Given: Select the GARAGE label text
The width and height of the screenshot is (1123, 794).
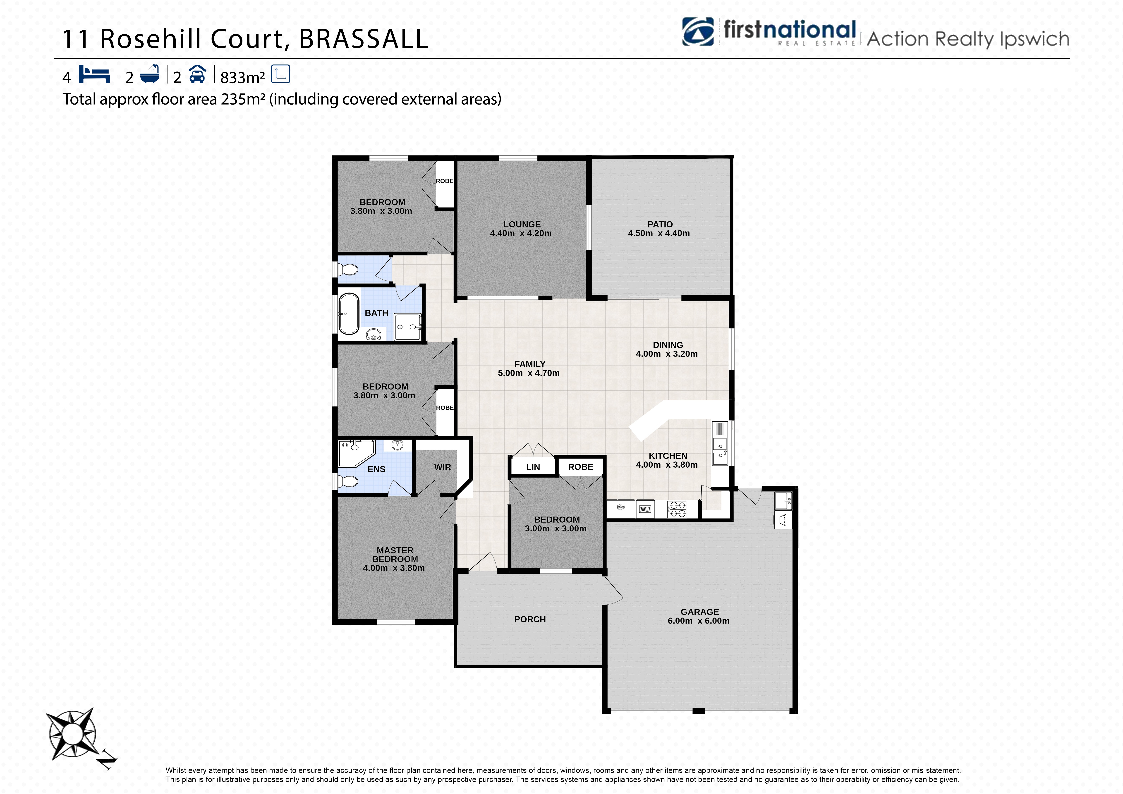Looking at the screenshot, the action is click(699, 612).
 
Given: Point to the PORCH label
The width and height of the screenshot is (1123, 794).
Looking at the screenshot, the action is click(530, 619).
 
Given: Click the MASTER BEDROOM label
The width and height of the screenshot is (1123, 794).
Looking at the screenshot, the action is click(395, 555).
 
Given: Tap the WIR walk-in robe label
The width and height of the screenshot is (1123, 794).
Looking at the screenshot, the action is click(442, 467).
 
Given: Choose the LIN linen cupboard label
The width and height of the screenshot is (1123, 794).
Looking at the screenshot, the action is click(533, 467).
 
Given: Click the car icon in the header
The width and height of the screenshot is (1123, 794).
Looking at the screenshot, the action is click(197, 74).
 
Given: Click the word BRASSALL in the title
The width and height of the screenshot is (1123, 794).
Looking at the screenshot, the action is click(363, 39).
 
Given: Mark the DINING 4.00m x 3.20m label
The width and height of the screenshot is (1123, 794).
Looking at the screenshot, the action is click(667, 349).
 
